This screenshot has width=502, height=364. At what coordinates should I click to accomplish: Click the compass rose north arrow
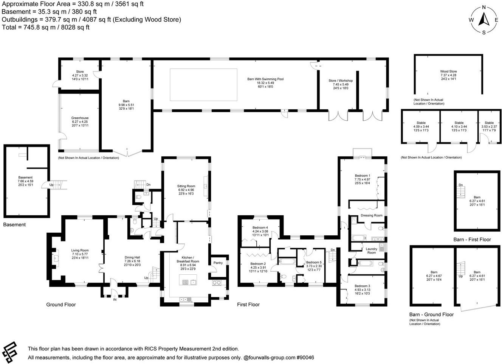484,19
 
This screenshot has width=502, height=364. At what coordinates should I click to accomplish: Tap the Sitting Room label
186,186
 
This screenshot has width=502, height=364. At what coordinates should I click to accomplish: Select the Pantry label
218,263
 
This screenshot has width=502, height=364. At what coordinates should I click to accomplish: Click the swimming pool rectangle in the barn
203,84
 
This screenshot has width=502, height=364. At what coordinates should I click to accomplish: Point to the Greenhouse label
80,118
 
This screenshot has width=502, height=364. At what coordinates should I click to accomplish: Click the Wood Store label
448,72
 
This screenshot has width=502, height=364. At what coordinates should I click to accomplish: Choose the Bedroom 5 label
314,263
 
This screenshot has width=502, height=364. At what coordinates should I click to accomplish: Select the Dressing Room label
372,215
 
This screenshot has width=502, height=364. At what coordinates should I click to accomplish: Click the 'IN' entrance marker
115,299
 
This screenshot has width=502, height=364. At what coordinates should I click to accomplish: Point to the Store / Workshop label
341,81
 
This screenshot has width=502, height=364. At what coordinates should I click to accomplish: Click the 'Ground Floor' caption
61,305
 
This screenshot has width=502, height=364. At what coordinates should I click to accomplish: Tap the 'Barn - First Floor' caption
472,240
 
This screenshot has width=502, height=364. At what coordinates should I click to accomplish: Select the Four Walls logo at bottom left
10,352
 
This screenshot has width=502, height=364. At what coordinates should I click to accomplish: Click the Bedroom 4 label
260,227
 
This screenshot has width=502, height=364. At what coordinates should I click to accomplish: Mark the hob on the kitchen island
186,282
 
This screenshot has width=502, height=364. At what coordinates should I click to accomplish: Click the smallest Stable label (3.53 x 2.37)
489,123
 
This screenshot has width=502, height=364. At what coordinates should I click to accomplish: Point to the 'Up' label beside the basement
51,185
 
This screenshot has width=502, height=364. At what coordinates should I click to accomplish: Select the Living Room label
80,250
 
